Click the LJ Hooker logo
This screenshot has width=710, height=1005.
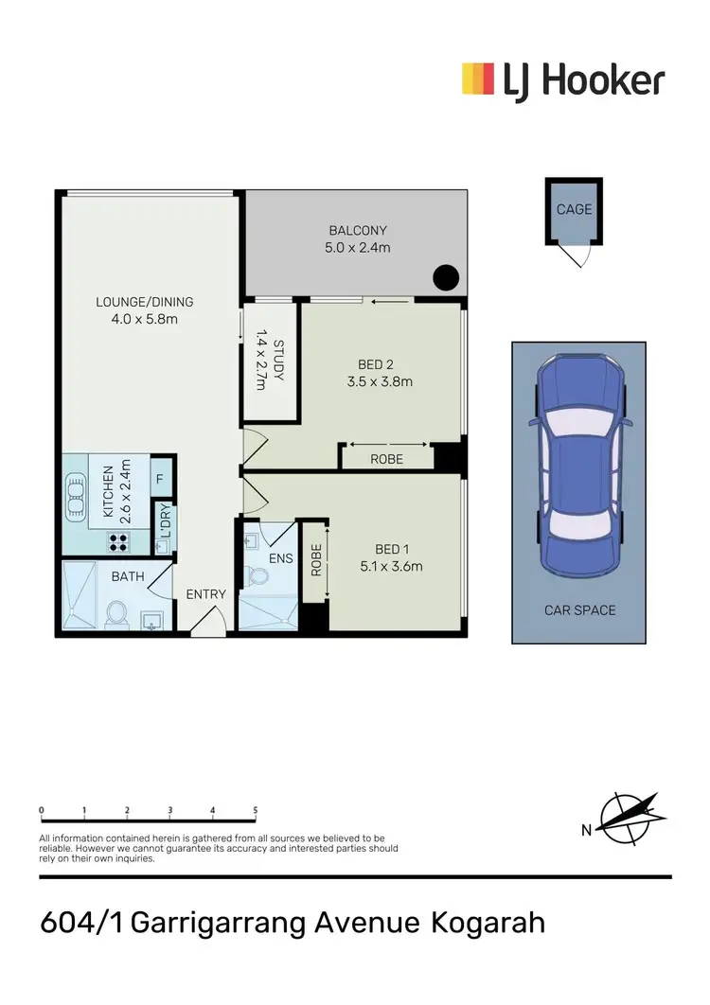(562, 80)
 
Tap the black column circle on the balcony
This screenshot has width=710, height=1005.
(446, 278)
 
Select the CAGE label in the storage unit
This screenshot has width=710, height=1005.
(574, 209)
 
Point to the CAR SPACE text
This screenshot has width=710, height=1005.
(579, 610)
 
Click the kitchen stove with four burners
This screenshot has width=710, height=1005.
(119, 542)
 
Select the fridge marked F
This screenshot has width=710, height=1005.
(160, 479)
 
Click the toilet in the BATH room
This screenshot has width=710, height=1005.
(117, 613)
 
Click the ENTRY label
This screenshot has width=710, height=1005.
(206, 594)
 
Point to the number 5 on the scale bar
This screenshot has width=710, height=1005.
(256, 810)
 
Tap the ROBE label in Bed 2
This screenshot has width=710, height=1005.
(387, 459)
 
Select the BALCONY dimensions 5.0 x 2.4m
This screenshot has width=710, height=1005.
(358, 247)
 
